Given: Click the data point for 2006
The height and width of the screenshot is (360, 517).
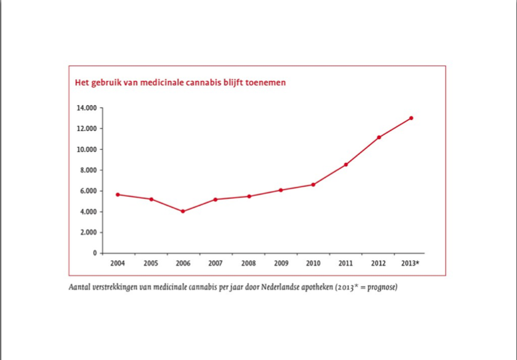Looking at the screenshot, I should (x=183, y=212).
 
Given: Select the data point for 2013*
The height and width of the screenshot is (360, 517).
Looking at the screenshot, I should (x=411, y=118).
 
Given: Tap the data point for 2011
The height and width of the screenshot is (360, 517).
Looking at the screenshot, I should (x=346, y=164).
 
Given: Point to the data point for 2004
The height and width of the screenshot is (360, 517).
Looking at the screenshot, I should (x=118, y=194).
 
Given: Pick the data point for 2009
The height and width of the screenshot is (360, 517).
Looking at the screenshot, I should (x=281, y=190).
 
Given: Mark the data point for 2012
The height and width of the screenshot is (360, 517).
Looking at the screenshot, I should (x=379, y=137).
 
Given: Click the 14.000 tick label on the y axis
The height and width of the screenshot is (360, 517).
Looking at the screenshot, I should (x=87, y=107).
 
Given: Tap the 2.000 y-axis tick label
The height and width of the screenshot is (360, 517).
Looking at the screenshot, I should (x=89, y=232).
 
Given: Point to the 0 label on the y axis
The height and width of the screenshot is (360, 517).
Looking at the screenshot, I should (x=95, y=253).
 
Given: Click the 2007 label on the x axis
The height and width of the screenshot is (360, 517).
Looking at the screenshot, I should (x=216, y=263).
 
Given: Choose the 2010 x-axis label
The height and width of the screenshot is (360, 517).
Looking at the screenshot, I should (x=313, y=263).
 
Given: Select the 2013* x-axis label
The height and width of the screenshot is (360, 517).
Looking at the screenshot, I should (x=410, y=263).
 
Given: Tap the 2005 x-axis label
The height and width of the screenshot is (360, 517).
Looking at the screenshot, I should (x=150, y=263).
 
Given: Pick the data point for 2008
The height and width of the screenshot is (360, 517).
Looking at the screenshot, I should (x=248, y=196).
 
